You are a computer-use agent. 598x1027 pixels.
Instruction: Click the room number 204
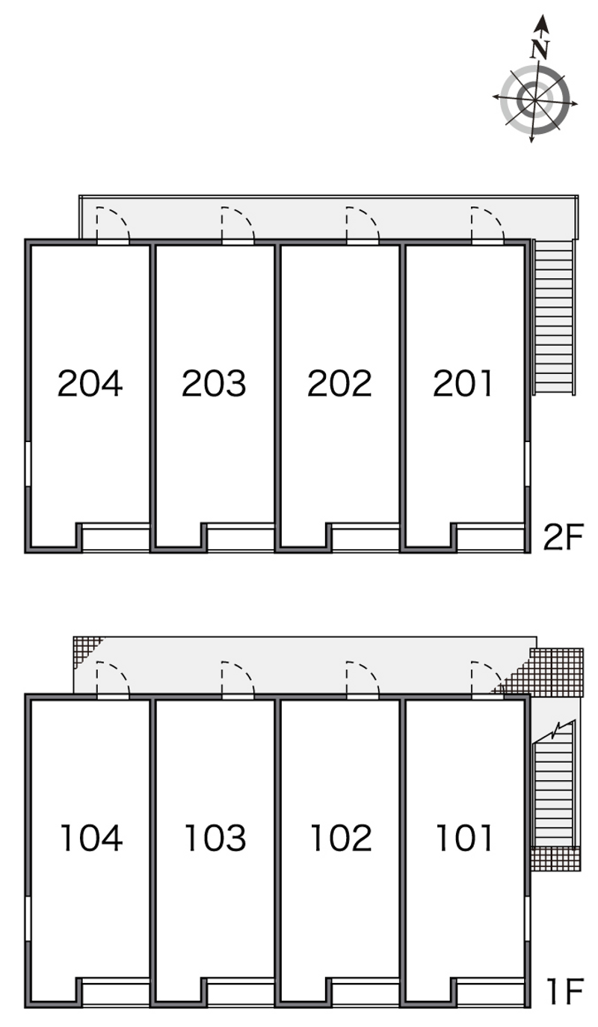click(90, 383)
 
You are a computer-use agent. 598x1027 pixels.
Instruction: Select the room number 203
click(214, 383)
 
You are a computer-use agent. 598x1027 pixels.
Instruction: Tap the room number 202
click(339, 383)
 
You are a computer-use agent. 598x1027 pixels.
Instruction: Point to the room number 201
click(463, 383)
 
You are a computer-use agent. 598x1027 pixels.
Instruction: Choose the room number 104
click(92, 838)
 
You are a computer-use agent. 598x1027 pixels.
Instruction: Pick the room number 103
click(215, 838)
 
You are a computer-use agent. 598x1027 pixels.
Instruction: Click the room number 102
click(341, 838)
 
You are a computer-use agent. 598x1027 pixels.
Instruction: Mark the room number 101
click(464, 838)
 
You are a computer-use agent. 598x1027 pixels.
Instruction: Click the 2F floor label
click(563, 537)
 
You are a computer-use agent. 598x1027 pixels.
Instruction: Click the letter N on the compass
click(540, 49)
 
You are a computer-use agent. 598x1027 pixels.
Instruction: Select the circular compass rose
click(534, 100)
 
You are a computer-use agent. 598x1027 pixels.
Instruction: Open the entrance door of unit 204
click(113, 224)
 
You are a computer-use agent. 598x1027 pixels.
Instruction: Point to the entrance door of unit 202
click(363, 224)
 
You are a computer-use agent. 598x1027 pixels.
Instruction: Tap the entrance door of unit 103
click(238, 678)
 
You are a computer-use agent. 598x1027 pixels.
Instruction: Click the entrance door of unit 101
click(487, 678)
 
